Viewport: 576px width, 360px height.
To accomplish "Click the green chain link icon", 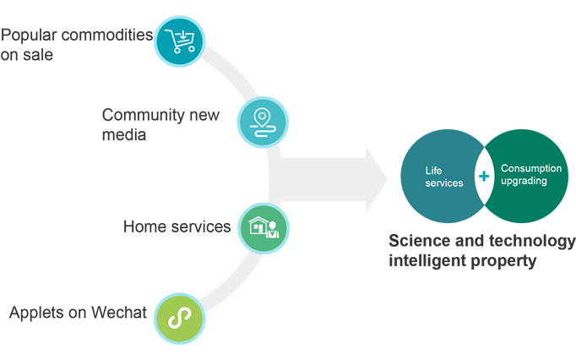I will pyautogui.click(x=179, y=317).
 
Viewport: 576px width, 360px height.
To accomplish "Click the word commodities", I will pyautogui.click(x=109, y=35).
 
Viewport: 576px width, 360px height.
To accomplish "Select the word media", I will pyautogui.click(x=124, y=134).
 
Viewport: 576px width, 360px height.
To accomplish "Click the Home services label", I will pyautogui.click(x=177, y=226).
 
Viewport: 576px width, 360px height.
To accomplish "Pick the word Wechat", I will pyautogui.click(x=118, y=313).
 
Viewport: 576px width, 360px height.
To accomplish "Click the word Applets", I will pyautogui.click(x=38, y=313).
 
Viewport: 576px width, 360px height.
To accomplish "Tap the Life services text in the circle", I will pyautogui.click(x=443, y=177).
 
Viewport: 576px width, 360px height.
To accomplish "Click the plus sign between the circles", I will pyautogui.click(x=483, y=177).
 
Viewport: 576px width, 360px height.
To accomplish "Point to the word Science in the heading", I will pyautogui.click(x=420, y=242).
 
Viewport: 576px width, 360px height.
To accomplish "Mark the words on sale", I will pyautogui.click(x=27, y=56).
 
